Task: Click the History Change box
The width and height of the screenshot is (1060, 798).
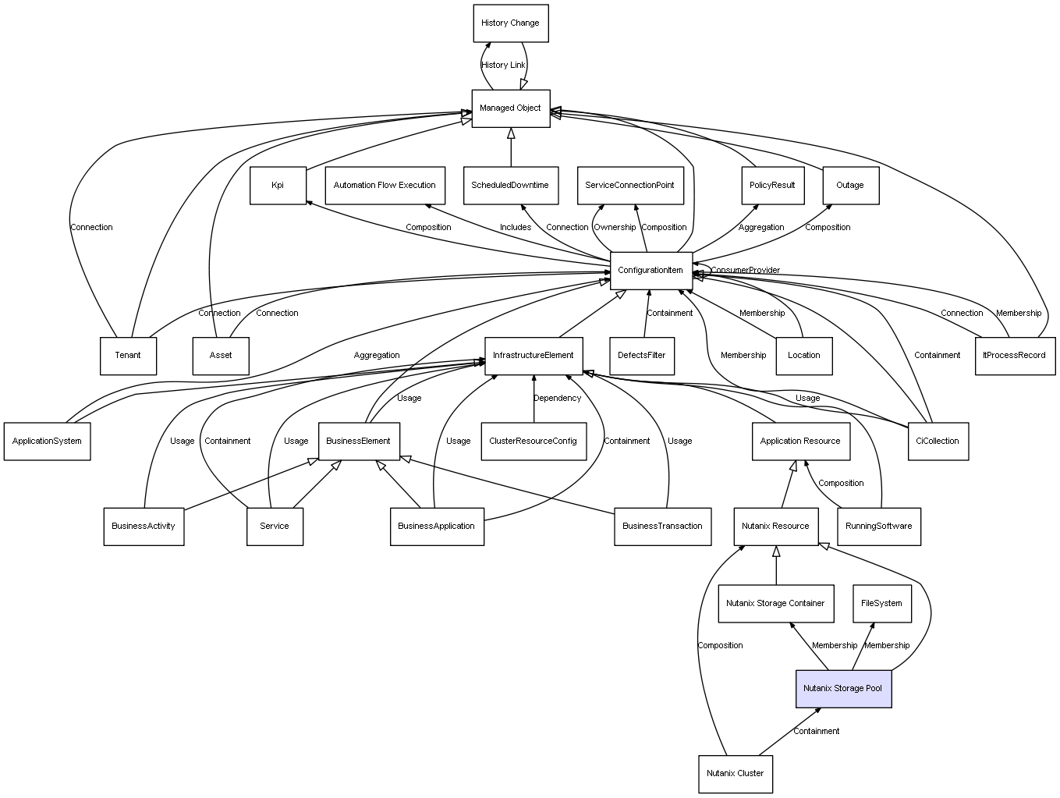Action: point(510,23)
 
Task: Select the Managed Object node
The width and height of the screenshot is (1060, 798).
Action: point(510,108)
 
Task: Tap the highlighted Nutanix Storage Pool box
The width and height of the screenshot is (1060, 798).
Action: point(843,689)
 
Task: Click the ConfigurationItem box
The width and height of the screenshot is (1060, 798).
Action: point(651,271)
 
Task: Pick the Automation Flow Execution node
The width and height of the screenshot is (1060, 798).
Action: point(385,186)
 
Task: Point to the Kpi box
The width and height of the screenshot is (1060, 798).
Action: point(278,186)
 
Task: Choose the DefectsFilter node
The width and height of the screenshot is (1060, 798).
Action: point(642,356)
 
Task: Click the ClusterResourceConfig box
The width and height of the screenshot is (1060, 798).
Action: point(534,442)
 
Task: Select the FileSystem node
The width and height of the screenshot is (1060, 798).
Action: point(882,604)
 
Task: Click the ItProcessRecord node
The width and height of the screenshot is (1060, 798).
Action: point(1015,356)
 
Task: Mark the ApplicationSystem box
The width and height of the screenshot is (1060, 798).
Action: point(47,442)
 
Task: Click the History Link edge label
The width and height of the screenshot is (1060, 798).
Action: point(503,66)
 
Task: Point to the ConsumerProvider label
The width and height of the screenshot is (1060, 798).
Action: point(745,271)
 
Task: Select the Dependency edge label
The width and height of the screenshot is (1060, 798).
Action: point(557,399)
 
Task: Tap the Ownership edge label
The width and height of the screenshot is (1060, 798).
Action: point(615,227)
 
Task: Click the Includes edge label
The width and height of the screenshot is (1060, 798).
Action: point(516,227)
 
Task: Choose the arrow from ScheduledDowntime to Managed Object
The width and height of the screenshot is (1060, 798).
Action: point(511,147)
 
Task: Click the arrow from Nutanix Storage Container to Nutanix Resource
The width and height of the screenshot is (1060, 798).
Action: point(776,566)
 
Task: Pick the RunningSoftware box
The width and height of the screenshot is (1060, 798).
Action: point(879,527)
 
